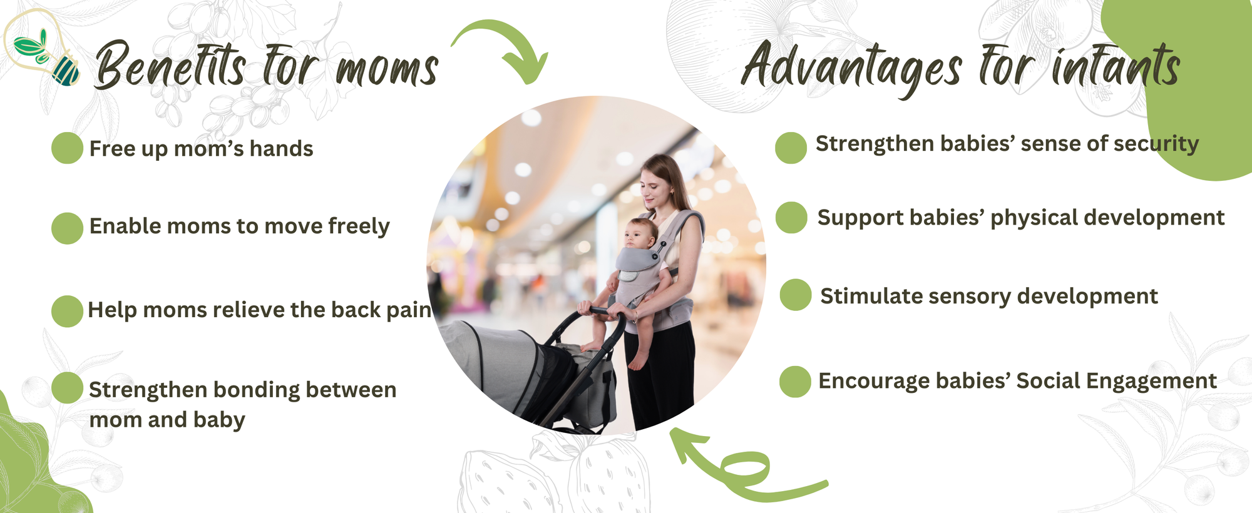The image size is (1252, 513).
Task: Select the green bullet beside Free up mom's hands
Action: pyautogui.click(x=67, y=148)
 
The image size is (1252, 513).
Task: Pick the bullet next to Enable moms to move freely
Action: pyautogui.click(x=67, y=228)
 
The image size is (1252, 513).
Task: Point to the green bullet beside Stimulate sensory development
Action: pyautogui.click(x=796, y=295)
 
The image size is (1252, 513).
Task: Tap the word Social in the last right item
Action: pyautogui.click(x=1047, y=380)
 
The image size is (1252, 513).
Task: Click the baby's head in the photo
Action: pyautogui.click(x=640, y=233)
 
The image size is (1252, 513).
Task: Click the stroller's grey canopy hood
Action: pyautogui.click(x=495, y=363)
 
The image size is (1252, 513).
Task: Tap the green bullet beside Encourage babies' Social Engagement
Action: pyautogui.click(x=795, y=382)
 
